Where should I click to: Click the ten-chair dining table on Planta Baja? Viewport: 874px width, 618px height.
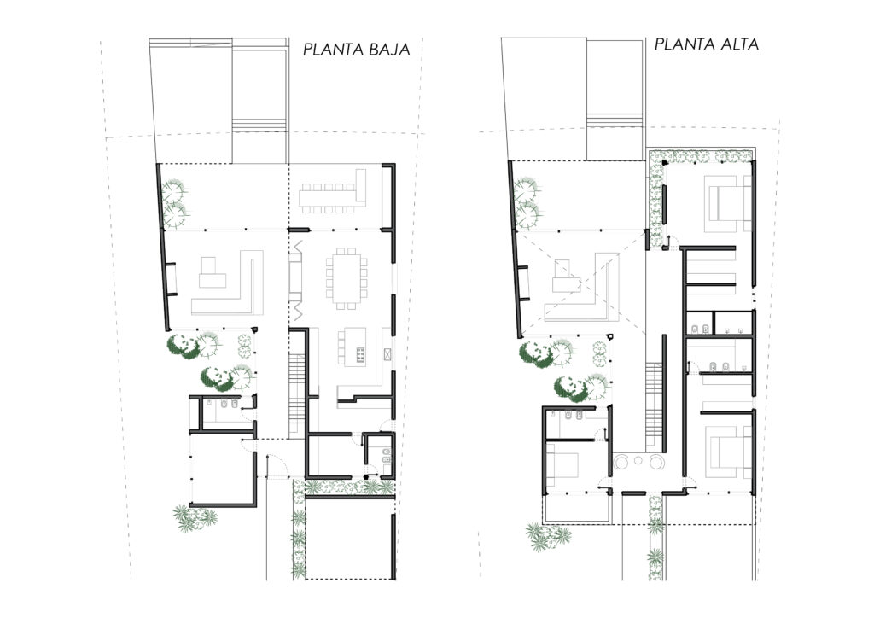[347, 277]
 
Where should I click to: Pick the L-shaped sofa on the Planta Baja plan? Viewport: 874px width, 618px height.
[227, 283]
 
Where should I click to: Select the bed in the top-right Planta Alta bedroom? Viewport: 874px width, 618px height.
[729, 203]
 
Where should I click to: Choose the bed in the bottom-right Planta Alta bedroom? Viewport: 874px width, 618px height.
[728, 452]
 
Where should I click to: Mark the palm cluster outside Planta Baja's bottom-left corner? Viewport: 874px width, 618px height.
[194, 517]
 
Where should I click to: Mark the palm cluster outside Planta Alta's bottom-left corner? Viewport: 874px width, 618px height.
[547, 535]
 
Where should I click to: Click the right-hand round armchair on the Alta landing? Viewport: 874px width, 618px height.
[655, 462]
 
